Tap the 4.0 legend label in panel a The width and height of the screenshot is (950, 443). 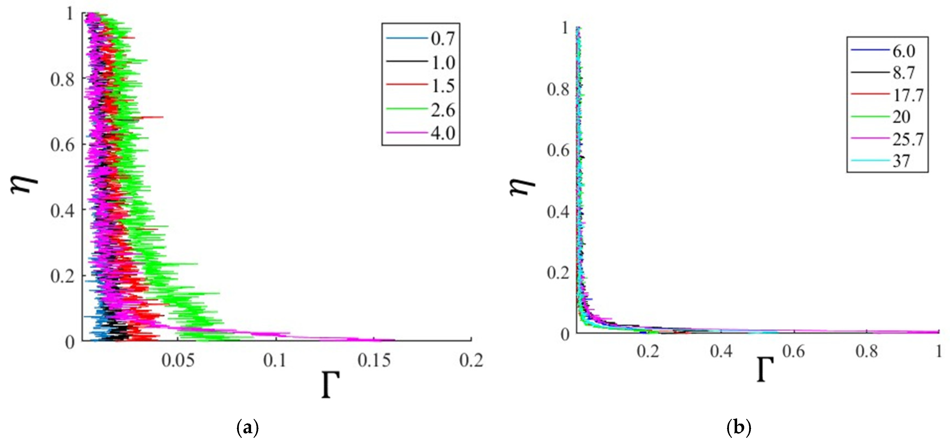pyautogui.click(x=443, y=133)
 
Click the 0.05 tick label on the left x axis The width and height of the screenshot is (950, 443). pyautogui.click(x=178, y=360)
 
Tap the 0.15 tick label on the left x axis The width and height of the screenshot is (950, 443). pyautogui.click(x=374, y=360)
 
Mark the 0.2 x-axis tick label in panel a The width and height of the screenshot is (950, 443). pyautogui.click(x=471, y=360)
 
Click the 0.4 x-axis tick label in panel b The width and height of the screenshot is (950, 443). pyautogui.click(x=721, y=351)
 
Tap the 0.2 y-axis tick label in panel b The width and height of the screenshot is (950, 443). pyautogui.click(x=558, y=273)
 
